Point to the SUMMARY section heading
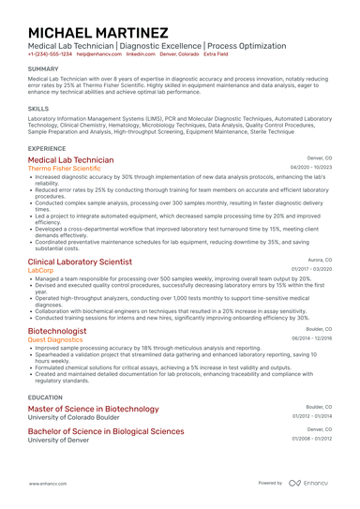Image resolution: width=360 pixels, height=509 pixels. tap(43, 69)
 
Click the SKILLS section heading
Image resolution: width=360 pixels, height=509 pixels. tap(38, 109)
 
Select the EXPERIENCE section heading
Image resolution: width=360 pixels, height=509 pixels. tap(47, 148)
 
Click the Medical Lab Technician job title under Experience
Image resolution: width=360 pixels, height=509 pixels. tap(71, 160)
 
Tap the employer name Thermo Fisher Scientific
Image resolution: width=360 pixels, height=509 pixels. tap(71, 169)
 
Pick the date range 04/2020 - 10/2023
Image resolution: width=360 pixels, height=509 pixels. tap(311, 168)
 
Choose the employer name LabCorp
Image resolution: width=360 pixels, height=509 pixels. tap(41, 270)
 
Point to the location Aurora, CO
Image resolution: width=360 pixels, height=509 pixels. tap(317, 260)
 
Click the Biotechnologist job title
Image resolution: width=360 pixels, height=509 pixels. tap(57, 331)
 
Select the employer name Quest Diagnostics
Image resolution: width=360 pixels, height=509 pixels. tap(55, 339)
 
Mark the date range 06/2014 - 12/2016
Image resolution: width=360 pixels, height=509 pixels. tap(311, 338)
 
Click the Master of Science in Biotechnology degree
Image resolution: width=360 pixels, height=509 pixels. tap(93, 410)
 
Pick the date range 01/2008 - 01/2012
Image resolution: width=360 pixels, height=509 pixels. tap(311, 438)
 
